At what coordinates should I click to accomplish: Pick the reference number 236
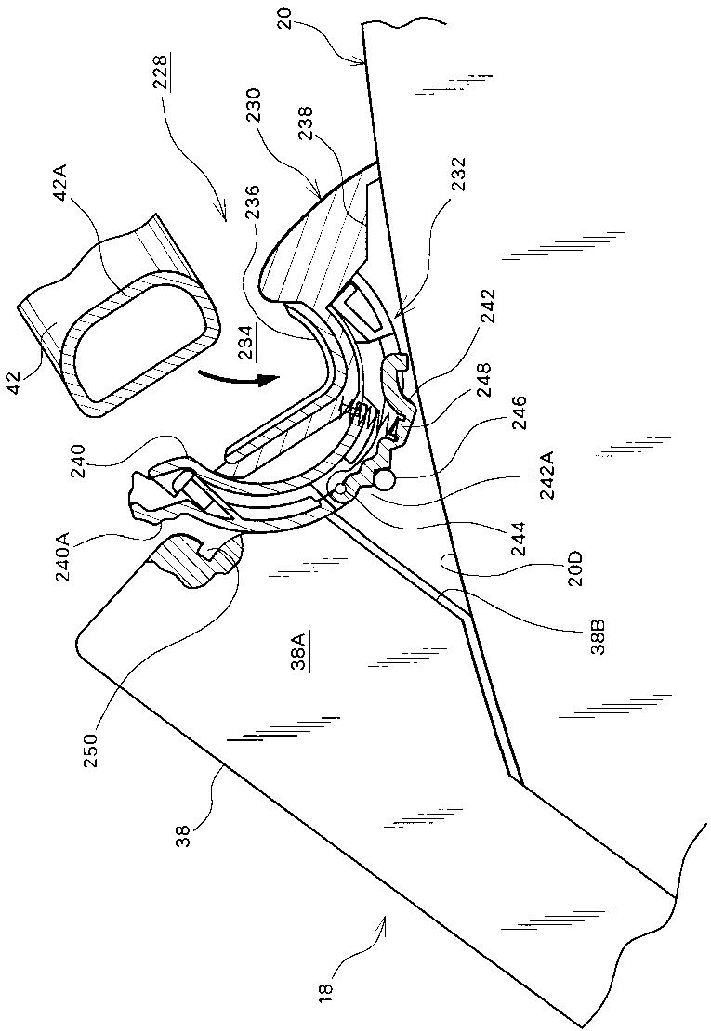point(253,203)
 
